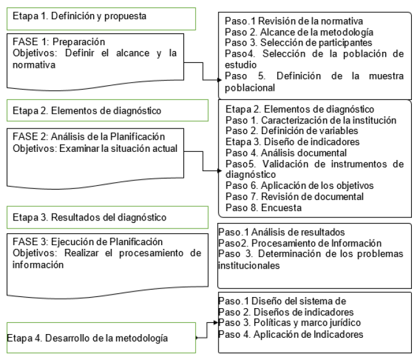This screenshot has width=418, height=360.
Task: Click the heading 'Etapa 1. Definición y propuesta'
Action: pyautogui.click(x=80, y=17)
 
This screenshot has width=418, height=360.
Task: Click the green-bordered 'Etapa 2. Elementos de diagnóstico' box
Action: pyautogui.click(x=87, y=111)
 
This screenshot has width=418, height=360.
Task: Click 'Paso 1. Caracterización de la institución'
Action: pyautogui.click(x=311, y=120)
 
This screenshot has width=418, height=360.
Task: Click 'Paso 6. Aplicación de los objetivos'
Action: pyautogui.click(x=299, y=186)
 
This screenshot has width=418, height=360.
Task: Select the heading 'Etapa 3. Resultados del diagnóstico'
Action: pyautogui.click(x=90, y=217)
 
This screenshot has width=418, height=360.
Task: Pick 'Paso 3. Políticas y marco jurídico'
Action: pyautogui.click(x=289, y=323)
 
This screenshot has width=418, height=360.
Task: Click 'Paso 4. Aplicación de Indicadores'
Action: pyautogui.click(x=290, y=334)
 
